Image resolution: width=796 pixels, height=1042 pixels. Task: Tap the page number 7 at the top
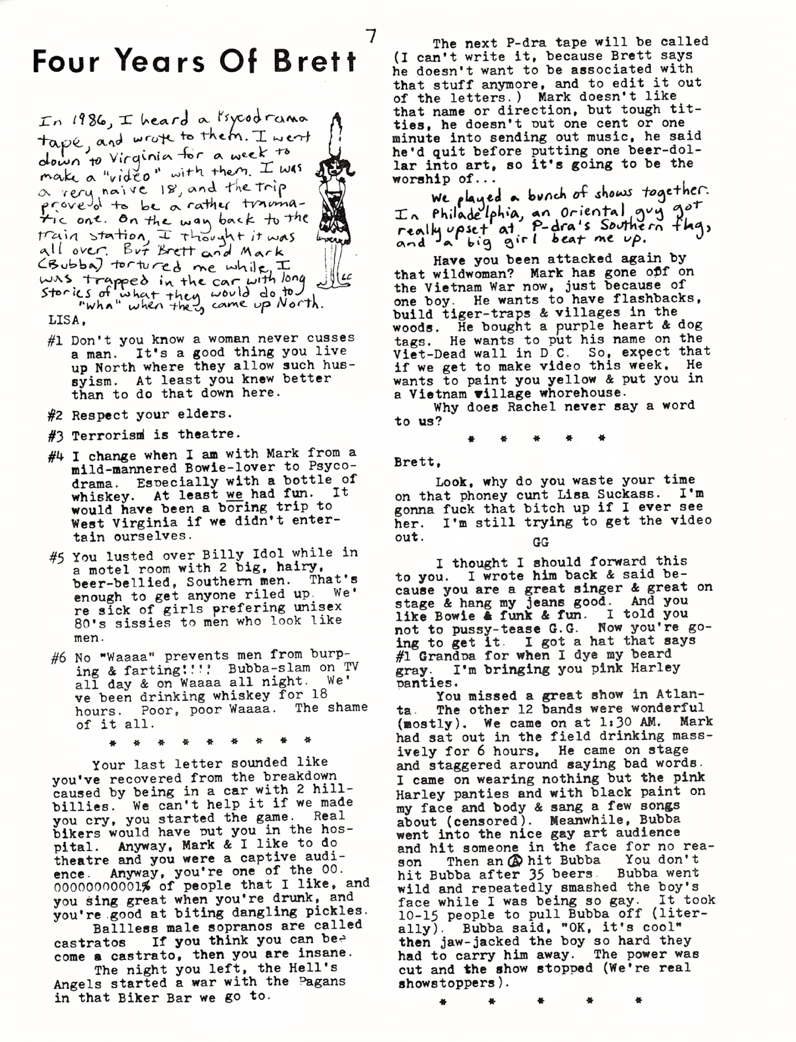(373, 37)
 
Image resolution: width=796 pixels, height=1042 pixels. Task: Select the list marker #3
(55, 435)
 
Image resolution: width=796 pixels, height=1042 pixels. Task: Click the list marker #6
(59, 659)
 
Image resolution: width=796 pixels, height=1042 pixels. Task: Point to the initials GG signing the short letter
(540, 542)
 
